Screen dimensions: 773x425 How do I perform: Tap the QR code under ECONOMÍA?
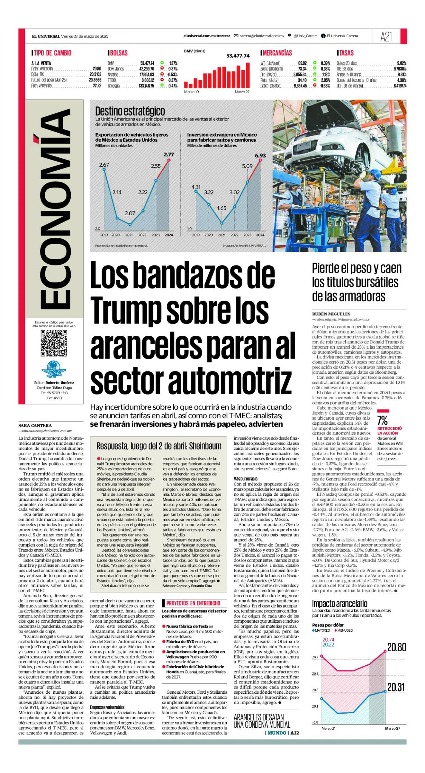(54, 343)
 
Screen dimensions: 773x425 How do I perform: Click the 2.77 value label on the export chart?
(169, 155)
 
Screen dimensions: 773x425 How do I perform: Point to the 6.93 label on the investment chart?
(260, 156)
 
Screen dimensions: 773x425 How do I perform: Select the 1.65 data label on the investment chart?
(222, 208)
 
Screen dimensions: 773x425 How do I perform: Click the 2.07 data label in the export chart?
(130, 213)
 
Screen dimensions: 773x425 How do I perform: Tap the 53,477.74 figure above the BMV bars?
(238, 56)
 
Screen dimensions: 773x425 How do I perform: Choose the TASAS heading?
(346, 53)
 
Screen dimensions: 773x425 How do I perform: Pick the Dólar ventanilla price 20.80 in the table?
(97, 69)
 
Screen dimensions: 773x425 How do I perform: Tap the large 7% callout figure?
(382, 420)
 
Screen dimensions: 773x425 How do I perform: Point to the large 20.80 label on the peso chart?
(396, 647)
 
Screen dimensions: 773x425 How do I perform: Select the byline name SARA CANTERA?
(35, 426)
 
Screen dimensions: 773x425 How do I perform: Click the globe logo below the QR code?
(54, 369)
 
